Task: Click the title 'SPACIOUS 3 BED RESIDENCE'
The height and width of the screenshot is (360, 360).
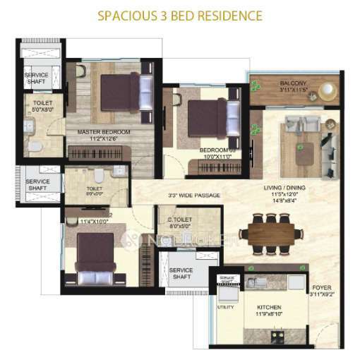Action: tap(180, 15)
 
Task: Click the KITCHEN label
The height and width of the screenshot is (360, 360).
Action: tap(270, 308)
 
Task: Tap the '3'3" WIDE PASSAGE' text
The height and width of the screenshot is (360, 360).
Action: tap(194, 195)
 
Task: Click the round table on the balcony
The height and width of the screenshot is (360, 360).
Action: tap(327, 91)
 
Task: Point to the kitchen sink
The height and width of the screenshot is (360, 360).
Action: tap(253, 284)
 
